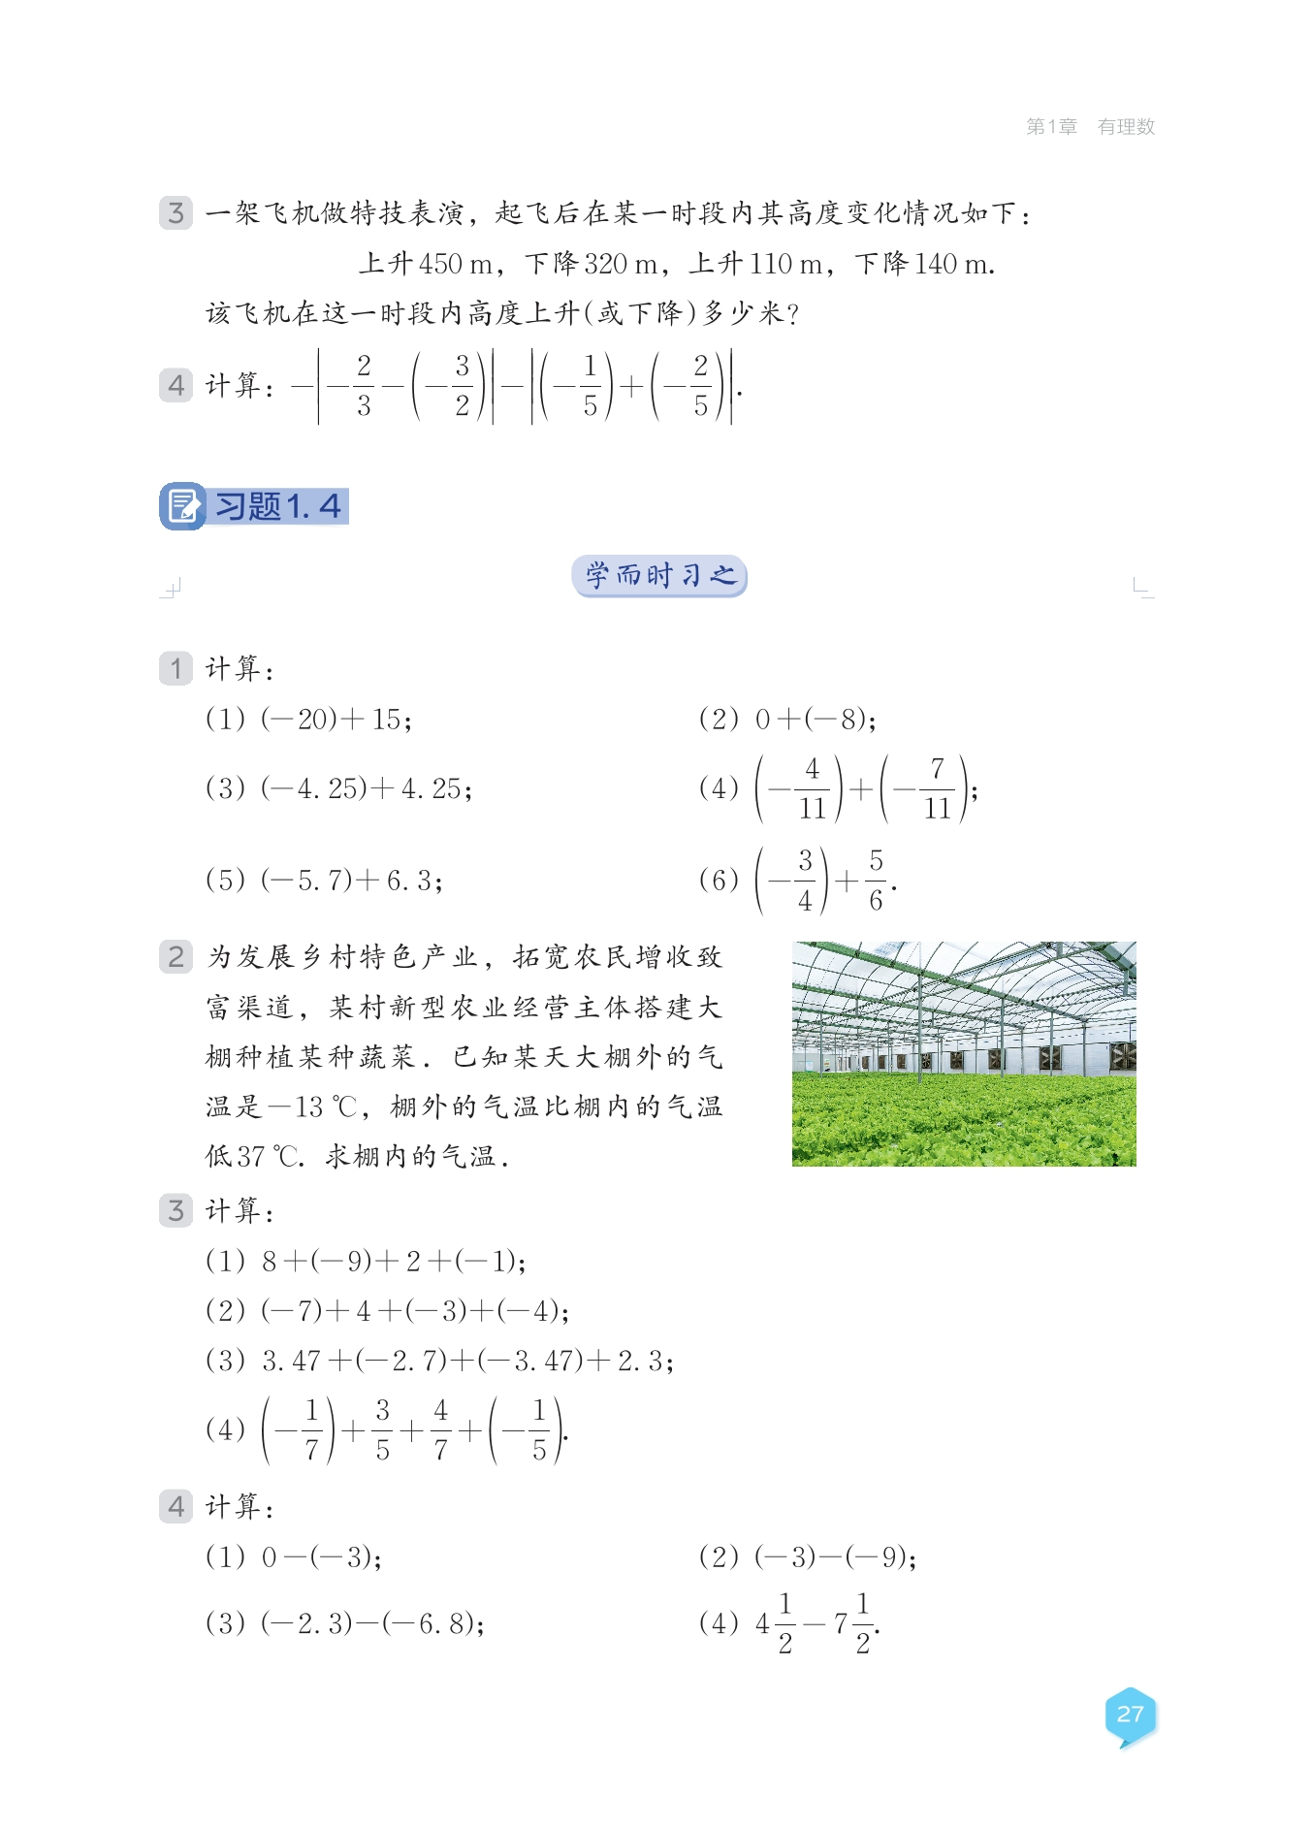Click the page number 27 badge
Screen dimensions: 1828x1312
pos(1130,1715)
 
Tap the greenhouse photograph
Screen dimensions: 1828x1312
pos(963,1053)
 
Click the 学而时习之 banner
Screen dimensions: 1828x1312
pos(659,576)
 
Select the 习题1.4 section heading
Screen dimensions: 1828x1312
pos(278,506)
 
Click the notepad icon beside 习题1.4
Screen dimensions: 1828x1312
pos(182,506)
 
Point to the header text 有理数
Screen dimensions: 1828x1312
pos(1126,127)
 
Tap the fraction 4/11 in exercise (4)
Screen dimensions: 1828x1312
pos(812,788)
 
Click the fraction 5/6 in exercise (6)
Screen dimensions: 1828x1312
pos(876,881)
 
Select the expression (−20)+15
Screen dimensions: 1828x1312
pos(336,720)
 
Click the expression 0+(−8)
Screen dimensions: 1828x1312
pos(816,720)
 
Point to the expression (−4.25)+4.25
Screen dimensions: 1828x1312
pos(366,788)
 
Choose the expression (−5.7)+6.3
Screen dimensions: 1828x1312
pos(351,881)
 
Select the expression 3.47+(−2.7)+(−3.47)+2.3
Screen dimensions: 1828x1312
pos(467,1362)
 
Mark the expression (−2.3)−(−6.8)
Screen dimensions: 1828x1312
pos(372,1623)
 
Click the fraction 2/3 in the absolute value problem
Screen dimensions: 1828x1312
pos(364,386)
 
